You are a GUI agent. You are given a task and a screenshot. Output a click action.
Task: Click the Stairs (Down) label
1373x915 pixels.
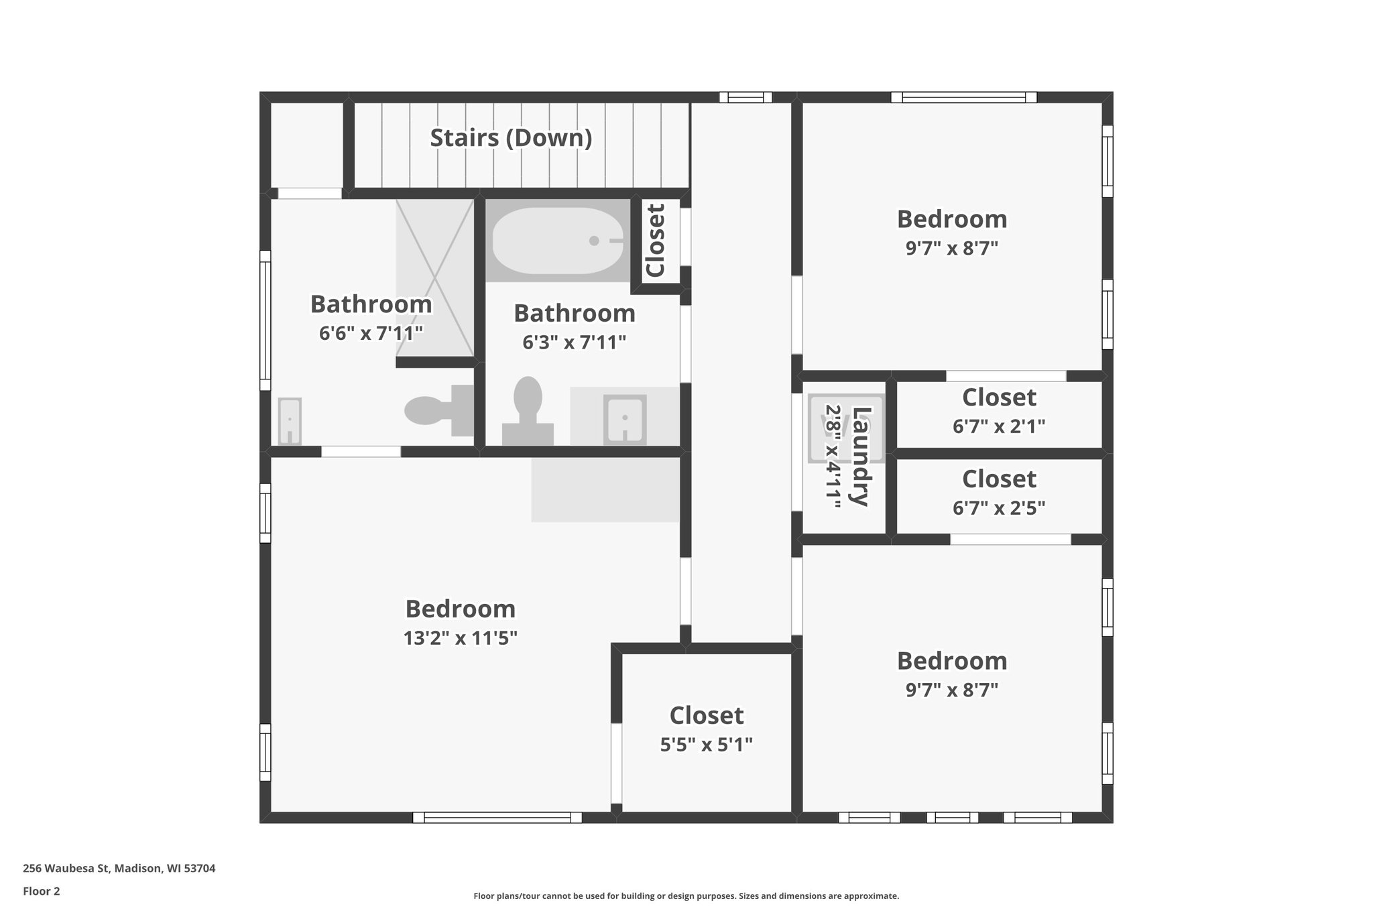coord(511,138)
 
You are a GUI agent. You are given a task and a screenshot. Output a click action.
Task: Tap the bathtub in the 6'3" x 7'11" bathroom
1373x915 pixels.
coord(557,241)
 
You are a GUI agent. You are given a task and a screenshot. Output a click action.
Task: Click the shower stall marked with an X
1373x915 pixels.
coord(435,278)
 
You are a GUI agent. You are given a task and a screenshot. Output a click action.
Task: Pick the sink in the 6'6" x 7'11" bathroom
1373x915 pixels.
coord(290,421)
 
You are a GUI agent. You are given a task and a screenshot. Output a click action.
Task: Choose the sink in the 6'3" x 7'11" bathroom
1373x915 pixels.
coord(625,420)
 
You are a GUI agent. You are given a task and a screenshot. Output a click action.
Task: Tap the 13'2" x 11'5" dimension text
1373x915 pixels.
coord(460,637)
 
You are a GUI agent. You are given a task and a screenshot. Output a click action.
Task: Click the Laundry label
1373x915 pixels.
coord(861,456)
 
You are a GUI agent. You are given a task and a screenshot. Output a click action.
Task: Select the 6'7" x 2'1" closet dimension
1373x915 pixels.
coord(999,426)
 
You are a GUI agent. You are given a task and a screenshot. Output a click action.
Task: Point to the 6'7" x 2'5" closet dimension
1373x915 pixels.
coord(999,508)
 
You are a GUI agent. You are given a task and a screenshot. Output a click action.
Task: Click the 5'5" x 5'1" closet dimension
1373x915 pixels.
coord(706,745)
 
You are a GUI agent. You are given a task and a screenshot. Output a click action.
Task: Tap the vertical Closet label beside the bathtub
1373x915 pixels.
coord(655,241)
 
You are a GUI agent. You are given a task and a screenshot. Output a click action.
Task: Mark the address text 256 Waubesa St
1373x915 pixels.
coord(119,869)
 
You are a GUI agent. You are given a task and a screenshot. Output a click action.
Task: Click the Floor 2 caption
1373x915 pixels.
coord(42,892)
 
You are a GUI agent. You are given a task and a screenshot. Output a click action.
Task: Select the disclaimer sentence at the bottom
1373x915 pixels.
coord(686,896)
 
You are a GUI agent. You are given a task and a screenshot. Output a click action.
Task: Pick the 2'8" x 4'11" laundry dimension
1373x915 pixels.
coord(833,456)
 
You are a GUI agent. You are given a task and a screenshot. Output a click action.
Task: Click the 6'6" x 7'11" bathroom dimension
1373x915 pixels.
coord(371,333)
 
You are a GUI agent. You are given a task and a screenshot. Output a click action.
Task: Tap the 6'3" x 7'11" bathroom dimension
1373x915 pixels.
coord(574,343)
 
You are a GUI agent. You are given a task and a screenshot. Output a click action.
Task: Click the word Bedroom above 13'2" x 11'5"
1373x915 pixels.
coord(460,609)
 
